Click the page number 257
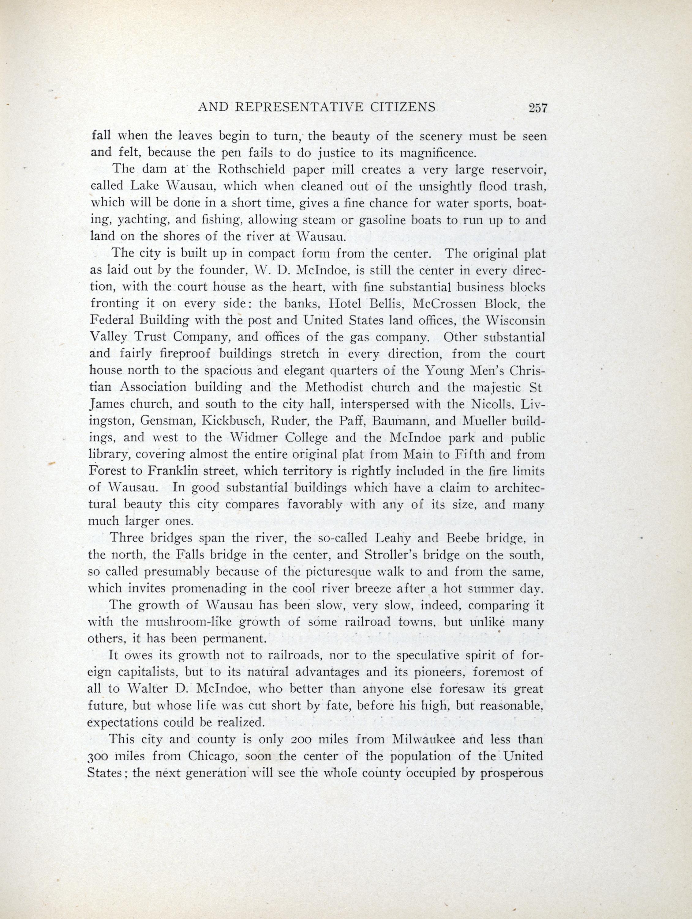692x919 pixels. tap(538, 108)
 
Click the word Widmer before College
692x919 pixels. tap(254, 438)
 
